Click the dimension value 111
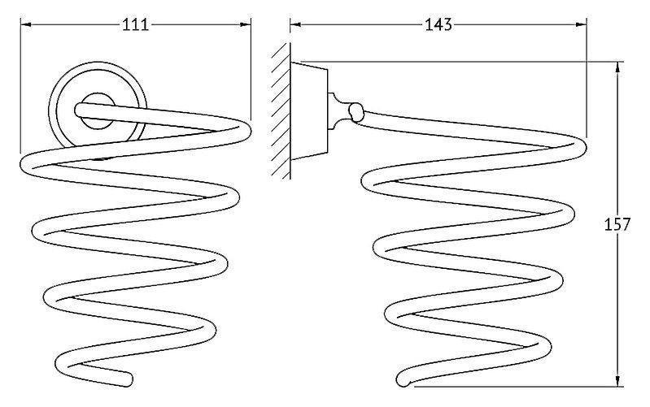click(x=136, y=25)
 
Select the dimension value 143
click(x=438, y=25)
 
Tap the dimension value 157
click(x=617, y=224)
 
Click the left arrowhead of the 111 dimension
click(x=26, y=25)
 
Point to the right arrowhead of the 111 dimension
click(x=246, y=25)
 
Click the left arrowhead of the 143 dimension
click(x=295, y=25)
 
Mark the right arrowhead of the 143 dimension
click(x=581, y=25)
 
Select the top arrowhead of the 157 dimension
click(x=617, y=67)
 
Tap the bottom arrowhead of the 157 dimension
click(x=617, y=381)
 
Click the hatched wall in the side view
click(x=281, y=111)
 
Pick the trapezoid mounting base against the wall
click(x=309, y=111)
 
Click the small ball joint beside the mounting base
click(x=356, y=112)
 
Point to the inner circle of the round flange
click(x=98, y=111)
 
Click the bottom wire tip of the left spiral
click(x=128, y=379)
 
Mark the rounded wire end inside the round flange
click(x=80, y=110)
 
